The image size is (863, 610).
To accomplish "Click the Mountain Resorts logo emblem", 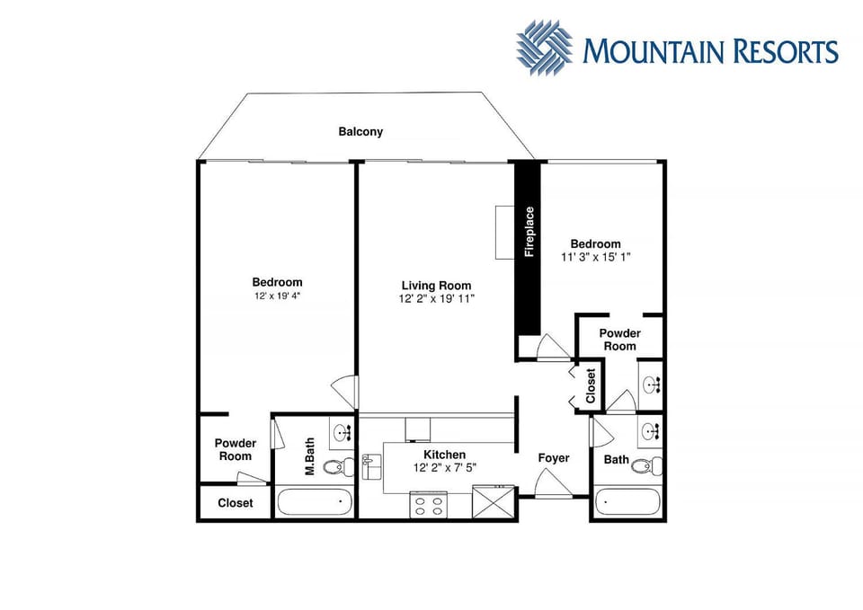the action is coord(544,48).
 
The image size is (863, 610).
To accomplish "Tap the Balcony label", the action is coord(360,131).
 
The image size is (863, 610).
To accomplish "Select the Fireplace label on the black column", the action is coord(529,232).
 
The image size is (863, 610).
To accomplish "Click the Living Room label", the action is coord(436,286).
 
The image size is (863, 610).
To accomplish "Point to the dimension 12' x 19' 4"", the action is coord(277,296).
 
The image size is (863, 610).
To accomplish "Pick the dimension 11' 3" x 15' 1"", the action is coord(595,257).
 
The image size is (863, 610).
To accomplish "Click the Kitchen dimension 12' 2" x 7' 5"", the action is coord(445,468).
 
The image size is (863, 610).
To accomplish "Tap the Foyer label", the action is coord(554,458).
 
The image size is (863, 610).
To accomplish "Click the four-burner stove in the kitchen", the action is coord(429,506).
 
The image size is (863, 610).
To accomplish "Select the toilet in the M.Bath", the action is coord(337,467).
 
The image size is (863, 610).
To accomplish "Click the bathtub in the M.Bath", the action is coord(315,501).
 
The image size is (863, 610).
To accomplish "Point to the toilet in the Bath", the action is coord(645,466).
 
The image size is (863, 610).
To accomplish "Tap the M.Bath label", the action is coord(309,456).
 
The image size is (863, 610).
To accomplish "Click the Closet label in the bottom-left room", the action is coord(235,503).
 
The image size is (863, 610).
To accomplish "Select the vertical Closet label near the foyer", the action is coord(591,385).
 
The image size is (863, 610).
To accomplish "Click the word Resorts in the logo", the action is coord(786,50).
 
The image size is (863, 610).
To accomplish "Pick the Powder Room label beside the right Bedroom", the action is coord(619,340).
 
